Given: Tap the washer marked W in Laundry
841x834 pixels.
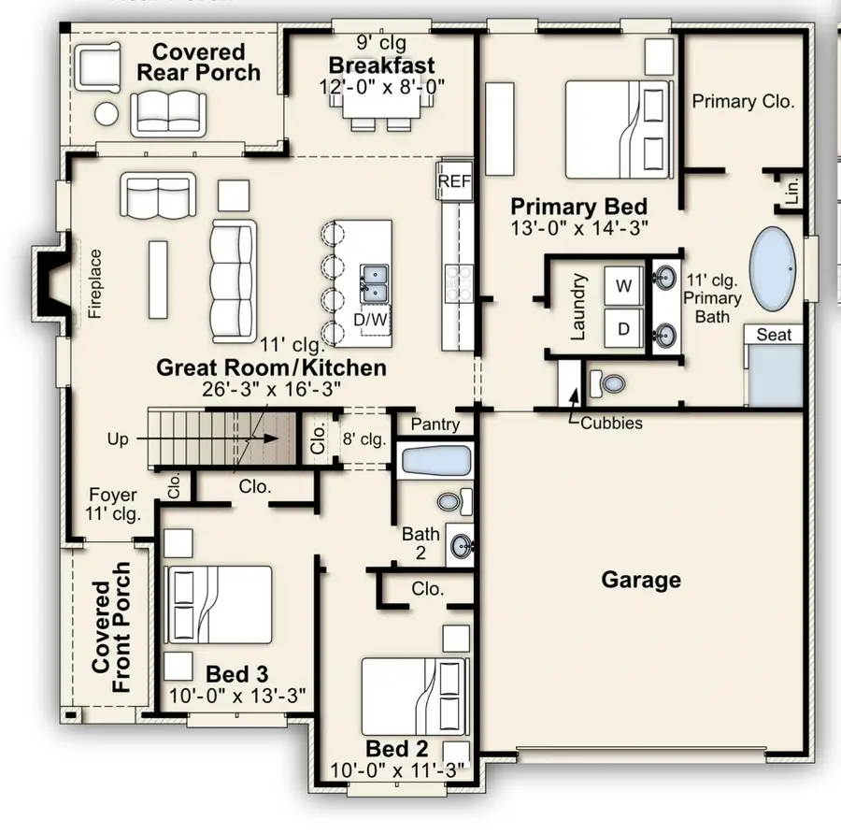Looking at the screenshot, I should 622,285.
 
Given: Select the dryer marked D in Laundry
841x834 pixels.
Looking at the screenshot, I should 622,328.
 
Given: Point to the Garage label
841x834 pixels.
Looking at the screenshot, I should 641,580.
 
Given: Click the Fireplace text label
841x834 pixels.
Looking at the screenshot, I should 94,283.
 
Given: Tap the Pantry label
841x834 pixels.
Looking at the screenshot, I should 435,424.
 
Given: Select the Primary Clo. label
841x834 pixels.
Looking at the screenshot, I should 743,101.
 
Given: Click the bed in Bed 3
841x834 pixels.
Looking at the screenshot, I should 220,604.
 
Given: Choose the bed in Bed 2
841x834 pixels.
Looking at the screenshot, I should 413,697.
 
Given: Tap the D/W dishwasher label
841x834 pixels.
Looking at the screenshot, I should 376,320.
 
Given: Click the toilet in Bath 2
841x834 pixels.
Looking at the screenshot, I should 451,503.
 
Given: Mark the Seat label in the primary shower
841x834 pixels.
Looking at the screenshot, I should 774,335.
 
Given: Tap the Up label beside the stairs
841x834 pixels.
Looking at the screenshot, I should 119,438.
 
